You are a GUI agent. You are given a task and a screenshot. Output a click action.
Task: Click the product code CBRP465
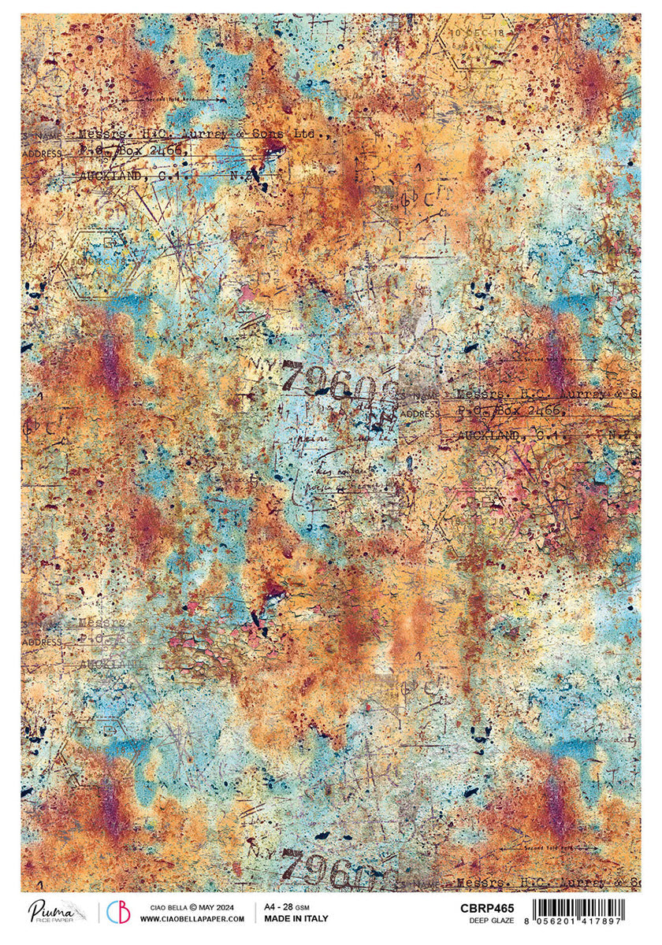[x=487, y=906]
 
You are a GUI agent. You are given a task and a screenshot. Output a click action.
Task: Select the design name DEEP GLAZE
[x=493, y=919]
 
